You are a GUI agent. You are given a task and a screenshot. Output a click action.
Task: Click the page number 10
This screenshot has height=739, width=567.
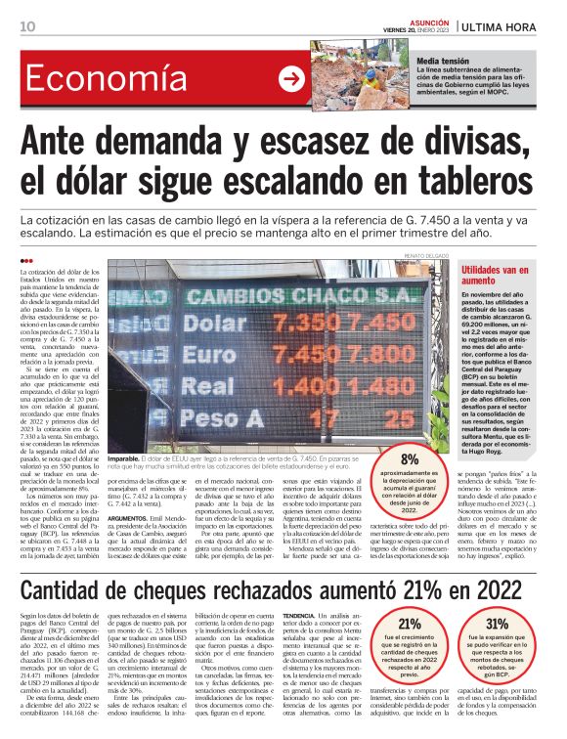tap(27, 25)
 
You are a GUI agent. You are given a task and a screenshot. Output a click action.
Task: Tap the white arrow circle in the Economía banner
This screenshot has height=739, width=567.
tap(291, 79)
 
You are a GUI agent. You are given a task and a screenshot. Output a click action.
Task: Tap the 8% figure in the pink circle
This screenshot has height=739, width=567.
tap(410, 458)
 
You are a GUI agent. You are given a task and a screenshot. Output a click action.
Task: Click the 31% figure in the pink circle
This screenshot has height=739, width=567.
tap(497, 624)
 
